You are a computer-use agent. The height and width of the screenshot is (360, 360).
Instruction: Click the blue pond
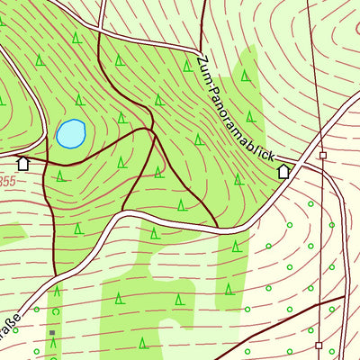pyautogui.click(x=70, y=134)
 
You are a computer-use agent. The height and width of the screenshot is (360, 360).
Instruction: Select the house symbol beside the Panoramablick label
pyautogui.click(x=284, y=171)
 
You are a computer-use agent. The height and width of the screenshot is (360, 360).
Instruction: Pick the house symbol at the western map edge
pyautogui.click(x=23, y=163)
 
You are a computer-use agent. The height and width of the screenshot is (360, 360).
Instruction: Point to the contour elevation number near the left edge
pyautogui.click(x=7, y=181)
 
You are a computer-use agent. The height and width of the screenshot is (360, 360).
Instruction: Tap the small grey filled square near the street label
pyautogui.click(x=52, y=333)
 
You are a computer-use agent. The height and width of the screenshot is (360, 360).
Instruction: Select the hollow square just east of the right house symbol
pyautogui.click(x=322, y=155)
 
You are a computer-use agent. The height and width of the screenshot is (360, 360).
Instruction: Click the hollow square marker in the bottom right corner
pyautogui.click(x=319, y=344)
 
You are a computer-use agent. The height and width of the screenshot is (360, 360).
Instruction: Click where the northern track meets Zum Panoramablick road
pyautogui.click(x=195, y=50)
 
